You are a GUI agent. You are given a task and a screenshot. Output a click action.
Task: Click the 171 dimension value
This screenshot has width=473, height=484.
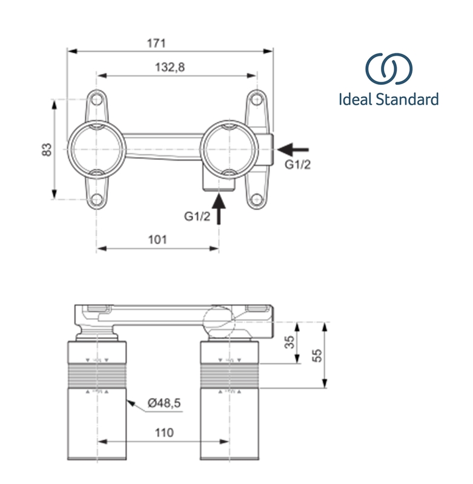(x=156, y=44)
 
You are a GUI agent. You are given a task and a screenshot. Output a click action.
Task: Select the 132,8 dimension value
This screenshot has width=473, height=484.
(x=170, y=68)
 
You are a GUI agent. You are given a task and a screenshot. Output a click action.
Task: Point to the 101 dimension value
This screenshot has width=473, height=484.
(x=157, y=240)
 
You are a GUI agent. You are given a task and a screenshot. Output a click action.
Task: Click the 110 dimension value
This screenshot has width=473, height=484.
(x=163, y=433)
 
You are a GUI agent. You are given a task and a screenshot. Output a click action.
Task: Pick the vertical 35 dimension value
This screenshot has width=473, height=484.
(x=289, y=343)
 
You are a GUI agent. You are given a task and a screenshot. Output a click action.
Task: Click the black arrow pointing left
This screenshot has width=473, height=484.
(x=293, y=148)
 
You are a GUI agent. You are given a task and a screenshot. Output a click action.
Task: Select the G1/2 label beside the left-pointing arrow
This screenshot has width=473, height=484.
(x=299, y=165)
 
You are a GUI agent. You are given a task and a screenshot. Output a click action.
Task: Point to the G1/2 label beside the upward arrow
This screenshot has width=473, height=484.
(x=197, y=216)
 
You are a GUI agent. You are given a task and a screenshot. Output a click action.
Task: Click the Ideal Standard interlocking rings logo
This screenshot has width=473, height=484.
(x=389, y=70)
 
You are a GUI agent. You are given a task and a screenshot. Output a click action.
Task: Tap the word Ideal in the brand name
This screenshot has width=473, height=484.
(x=356, y=99)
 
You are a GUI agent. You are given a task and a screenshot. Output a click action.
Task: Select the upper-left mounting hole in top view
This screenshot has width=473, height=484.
(x=97, y=99)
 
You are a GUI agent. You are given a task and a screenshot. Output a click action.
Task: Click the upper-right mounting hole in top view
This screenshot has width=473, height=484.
(x=256, y=99)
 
